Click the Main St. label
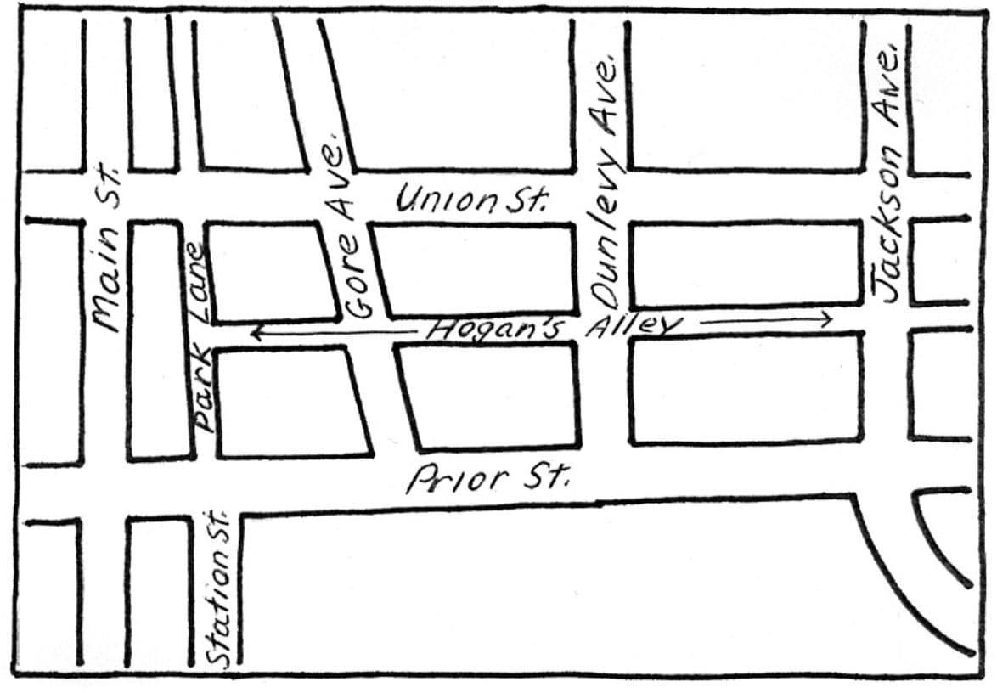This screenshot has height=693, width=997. click(107, 251)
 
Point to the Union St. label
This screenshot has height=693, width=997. click(473, 200)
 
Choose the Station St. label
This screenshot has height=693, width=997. click(220, 589)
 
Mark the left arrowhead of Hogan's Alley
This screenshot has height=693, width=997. click(254, 335)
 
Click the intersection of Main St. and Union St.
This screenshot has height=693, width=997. click(106, 197)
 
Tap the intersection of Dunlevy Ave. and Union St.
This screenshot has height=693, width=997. click(601, 197)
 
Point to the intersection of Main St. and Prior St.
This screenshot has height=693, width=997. click(106, 491)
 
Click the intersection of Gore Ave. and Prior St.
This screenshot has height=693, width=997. click(392, 480)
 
